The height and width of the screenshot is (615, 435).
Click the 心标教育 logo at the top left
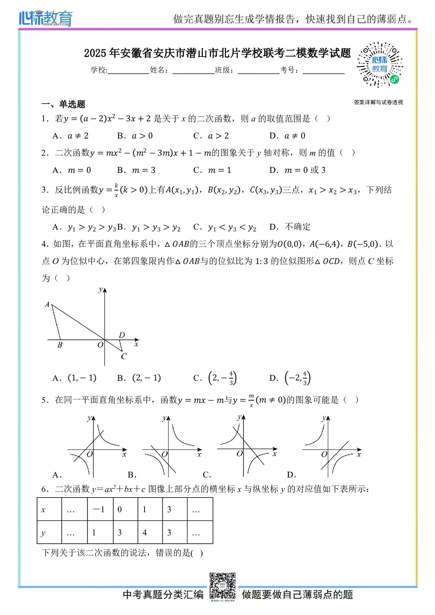coord(46,18)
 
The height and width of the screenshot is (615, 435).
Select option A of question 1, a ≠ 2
coord(71,136)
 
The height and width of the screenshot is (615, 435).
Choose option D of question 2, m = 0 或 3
coord(297,170)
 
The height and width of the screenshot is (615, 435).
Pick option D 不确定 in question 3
coord(290,227)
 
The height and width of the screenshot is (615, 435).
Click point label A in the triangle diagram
coord(47,304)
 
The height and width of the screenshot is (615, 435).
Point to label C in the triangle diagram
coord(123,357)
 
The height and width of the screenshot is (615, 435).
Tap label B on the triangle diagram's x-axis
coord(60,345)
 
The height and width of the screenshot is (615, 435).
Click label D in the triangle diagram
coord(122,335)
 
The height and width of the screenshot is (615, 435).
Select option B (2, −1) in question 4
coord(139,378)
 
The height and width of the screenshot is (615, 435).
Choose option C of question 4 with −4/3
coord(215,378)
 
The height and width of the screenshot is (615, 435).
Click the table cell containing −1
coord(100,509)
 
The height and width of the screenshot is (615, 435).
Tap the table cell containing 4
coord(150,532)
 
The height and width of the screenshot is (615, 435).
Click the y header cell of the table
coord(49,532)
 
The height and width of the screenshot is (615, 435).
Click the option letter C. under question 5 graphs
coord(207,475)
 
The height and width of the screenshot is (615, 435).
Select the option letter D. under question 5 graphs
coord(291,475)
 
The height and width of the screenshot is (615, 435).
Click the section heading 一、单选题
coord(63,104)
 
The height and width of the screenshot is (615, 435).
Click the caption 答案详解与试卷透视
coord(378,102)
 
